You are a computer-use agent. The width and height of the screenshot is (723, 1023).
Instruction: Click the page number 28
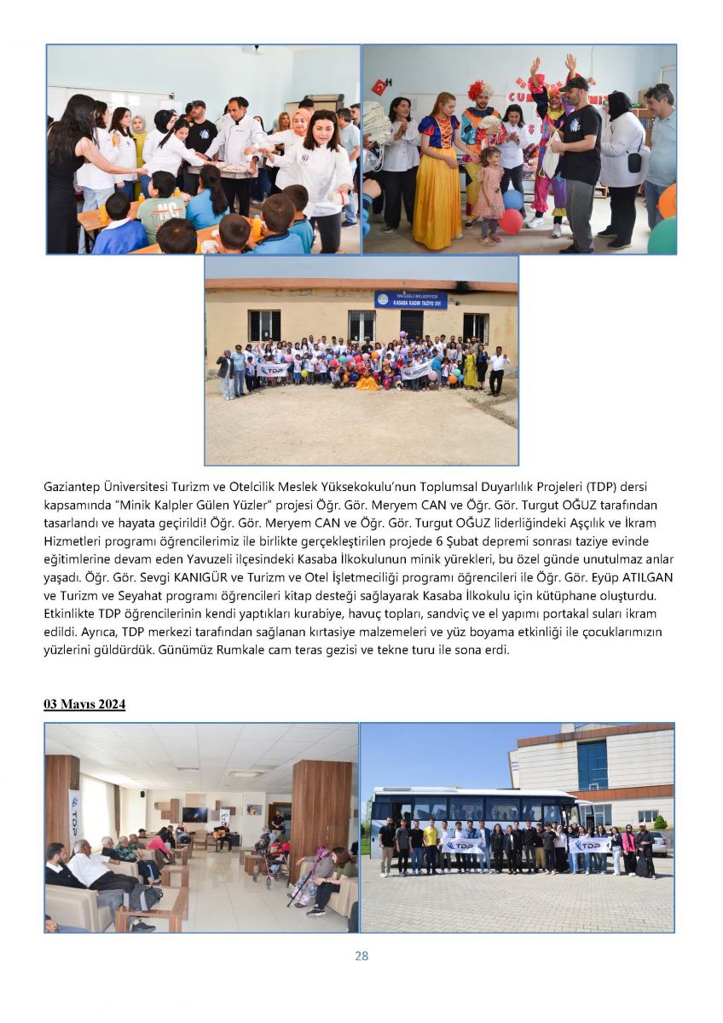pos(361,956)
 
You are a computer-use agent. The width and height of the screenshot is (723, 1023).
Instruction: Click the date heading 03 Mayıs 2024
pos(84,704)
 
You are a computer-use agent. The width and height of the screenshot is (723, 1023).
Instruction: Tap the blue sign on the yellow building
pos(410,299)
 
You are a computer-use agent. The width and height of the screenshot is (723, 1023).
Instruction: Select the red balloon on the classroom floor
pos(511,221)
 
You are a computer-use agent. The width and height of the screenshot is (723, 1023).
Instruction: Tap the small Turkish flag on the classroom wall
pos(379,86)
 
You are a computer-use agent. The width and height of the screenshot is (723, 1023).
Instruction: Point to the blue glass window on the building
pos(592,764)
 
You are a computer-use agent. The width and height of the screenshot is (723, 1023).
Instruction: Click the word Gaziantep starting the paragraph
pos(74,487)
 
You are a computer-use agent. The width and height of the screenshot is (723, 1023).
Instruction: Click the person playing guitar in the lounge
pos(224,835)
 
